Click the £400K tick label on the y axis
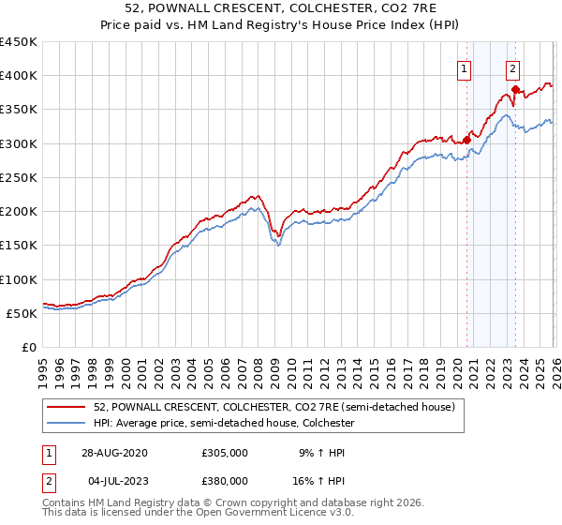coord(19,76)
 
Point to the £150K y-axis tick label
coord(19,246)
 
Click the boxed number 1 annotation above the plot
coord(465,67)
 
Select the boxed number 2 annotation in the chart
coord(513,67)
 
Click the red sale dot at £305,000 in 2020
coord(466,141)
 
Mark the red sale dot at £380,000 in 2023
coord(515,89)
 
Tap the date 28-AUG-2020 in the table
coord(114,451)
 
